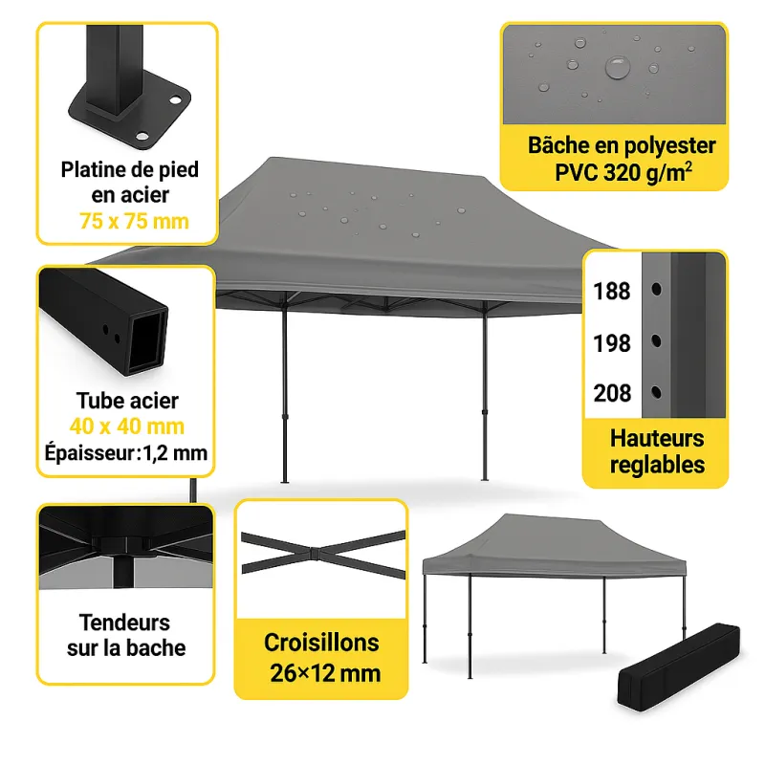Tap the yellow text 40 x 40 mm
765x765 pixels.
pos(127,426)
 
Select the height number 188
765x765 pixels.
pos(612,291)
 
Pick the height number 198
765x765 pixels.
pos(612,342)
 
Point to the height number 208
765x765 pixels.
pos(612,393)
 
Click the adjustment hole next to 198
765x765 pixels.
pos(657,340)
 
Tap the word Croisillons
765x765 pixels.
pos(321,643)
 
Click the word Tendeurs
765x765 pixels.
pos(125,623)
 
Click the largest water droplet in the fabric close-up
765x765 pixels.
pos(618,68)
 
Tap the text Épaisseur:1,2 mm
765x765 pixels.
pos(125,451)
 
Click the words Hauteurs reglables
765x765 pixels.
pos(657,452)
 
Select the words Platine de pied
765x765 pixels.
pos(130,170)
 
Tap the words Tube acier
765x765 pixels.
pos(127,401)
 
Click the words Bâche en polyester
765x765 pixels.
pos(622,146)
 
